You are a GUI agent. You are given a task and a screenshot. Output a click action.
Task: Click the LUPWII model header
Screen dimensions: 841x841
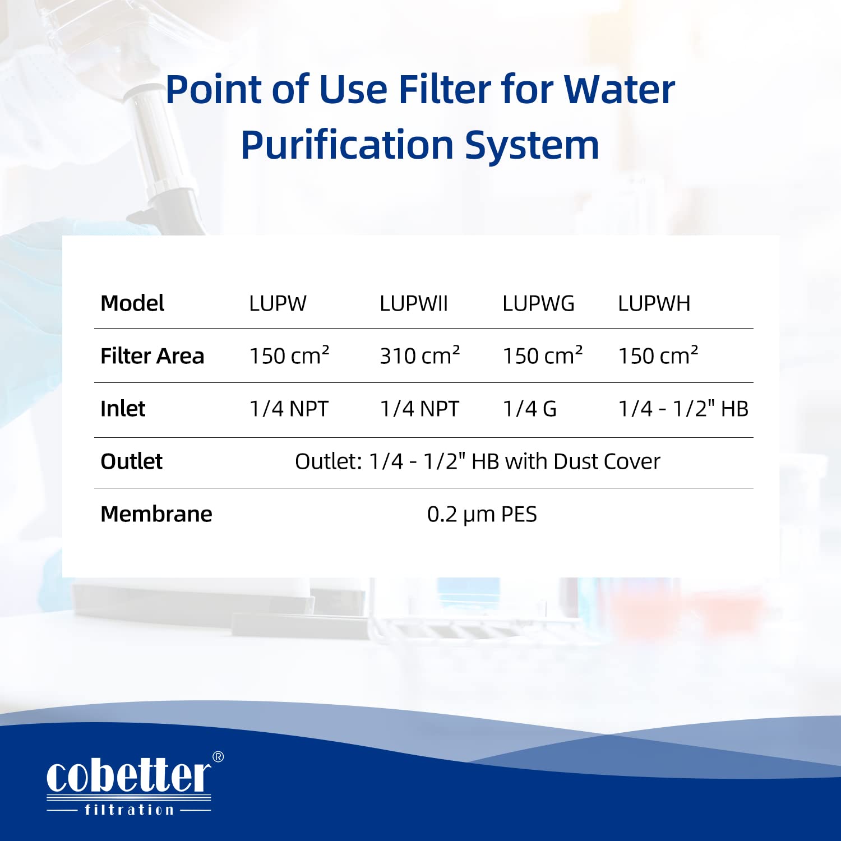point(414,304)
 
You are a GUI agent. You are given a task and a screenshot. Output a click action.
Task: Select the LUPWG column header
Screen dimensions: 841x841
point(538,304)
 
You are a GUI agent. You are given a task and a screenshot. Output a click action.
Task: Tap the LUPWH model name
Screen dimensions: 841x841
point(654,304)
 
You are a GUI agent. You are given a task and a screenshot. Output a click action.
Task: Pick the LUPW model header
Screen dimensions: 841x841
point(278,304)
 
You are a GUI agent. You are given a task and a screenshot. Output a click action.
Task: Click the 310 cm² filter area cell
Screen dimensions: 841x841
point(419,356)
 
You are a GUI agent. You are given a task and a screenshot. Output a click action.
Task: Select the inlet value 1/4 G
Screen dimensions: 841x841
point(529,409)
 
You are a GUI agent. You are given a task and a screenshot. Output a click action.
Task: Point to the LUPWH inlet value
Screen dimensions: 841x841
point(683,409)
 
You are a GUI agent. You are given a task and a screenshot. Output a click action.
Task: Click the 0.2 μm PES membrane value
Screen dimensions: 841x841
point(482,514)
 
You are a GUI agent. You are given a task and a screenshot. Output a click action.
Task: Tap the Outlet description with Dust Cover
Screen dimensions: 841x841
point(477,461)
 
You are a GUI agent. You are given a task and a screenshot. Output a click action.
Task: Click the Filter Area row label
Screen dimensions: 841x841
point(152,356)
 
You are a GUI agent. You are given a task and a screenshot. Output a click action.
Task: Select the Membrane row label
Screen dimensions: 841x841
point(156,514)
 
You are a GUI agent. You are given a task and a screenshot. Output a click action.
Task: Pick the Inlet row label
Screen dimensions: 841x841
point(123,409)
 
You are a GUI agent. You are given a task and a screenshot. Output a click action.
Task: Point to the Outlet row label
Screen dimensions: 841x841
point(131,461)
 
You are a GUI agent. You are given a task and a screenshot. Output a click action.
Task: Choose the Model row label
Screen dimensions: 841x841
point(132,304)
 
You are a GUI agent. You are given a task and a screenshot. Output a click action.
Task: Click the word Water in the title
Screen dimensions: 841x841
point(619,90)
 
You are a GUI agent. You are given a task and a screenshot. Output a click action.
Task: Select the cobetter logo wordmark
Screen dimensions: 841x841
point(128,776)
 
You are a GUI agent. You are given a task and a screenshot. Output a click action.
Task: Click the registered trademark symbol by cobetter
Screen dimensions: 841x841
point(218,757)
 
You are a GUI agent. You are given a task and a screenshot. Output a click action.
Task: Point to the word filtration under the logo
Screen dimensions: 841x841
point(129,810)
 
